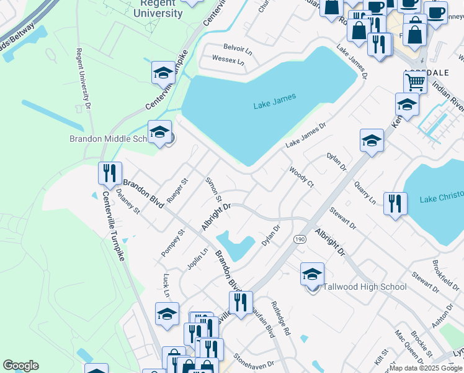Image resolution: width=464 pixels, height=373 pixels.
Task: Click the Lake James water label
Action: [275, 101]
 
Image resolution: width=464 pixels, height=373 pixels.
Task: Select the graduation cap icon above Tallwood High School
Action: [312, 274]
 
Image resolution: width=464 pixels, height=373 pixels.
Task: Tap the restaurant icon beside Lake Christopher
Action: [395, 203]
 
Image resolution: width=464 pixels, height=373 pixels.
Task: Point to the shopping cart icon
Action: [415, 82]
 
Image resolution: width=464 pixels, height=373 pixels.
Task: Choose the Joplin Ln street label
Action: [198, 258]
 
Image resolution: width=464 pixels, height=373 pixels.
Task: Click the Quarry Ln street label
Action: [365, 193]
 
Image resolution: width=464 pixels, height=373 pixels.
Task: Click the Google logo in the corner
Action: [20, 366]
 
